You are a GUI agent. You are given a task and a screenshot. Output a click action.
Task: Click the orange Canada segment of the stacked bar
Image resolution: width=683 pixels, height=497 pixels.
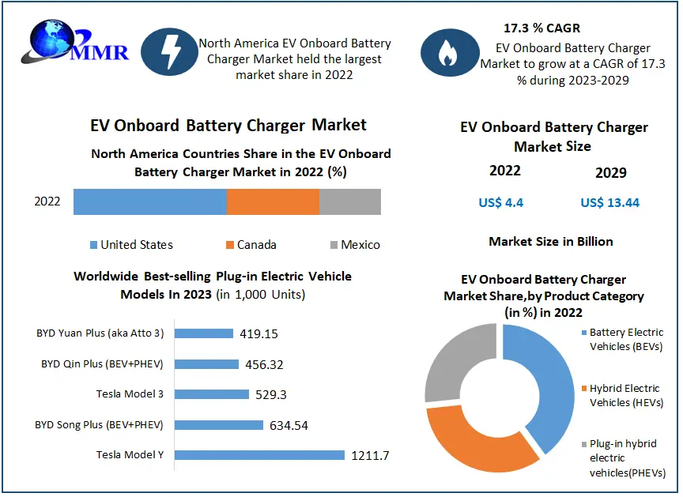273,201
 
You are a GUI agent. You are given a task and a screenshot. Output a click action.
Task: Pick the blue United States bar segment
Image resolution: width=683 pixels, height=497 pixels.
150,201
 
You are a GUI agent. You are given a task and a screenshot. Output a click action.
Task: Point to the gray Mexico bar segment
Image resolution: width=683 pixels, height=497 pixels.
349,201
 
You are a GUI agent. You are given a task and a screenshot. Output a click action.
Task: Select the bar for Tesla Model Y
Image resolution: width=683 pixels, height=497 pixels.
259,455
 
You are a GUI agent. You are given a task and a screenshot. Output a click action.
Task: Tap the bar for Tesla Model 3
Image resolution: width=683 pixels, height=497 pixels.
211,394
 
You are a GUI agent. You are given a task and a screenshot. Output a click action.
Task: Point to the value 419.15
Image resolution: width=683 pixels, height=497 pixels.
258,333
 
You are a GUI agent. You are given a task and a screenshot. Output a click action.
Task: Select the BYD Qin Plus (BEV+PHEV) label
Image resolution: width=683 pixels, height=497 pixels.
102,364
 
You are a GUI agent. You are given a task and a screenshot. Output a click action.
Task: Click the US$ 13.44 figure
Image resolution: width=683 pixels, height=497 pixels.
609,203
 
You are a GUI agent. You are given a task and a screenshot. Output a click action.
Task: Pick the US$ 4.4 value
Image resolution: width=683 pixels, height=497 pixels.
501,203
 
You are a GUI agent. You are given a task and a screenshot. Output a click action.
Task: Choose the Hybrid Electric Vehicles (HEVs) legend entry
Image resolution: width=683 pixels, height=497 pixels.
624,395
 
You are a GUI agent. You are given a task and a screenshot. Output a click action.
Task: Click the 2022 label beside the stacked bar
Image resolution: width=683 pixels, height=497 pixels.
47,201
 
